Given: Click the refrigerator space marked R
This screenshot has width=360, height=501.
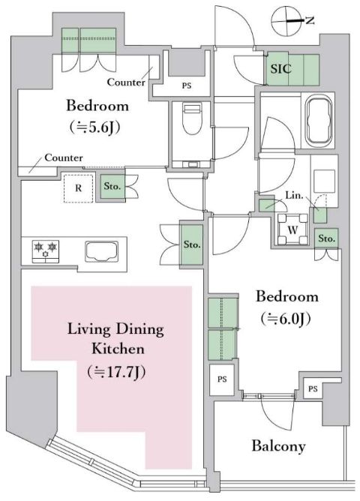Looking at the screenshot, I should [76, 188].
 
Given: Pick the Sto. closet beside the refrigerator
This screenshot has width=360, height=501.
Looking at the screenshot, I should [113, 187].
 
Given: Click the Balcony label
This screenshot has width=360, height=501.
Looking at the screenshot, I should [278, 446].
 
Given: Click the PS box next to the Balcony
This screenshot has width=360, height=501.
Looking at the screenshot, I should [313, 388].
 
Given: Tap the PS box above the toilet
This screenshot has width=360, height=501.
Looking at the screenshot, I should [186, 86].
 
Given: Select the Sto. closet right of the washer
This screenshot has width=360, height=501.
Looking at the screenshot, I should [326, 238].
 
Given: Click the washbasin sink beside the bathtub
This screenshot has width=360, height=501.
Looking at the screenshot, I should [325, 182].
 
